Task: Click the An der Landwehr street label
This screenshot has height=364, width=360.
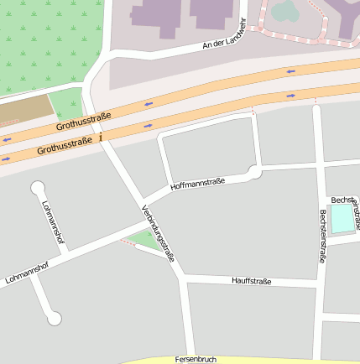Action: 226,33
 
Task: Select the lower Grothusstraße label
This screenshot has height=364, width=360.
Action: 64,148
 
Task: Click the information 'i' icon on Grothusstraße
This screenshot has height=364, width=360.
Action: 102,137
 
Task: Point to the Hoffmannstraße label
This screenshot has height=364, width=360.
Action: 197,184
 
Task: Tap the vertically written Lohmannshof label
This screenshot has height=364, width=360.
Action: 52,224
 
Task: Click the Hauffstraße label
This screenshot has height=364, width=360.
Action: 251,281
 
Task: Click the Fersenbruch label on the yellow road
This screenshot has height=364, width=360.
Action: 196,359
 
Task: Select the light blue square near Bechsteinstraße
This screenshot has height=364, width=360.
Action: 342,218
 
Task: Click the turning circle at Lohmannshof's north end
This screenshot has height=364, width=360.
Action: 37,187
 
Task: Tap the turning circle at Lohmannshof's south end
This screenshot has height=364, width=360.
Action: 55,318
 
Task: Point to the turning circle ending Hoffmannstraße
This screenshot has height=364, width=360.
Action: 254,172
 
